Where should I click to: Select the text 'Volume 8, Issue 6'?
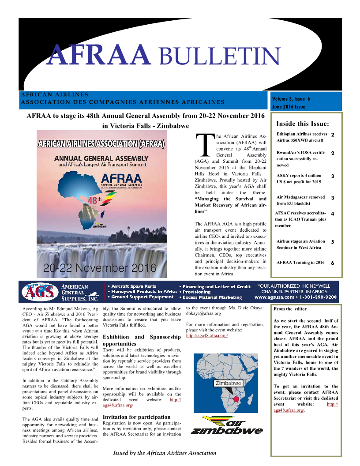[291, 99]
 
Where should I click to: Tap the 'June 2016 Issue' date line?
[289, 107]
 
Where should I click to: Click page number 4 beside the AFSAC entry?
[332, 214]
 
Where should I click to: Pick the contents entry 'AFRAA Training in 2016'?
[300, 262]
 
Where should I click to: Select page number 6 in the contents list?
[332, 263]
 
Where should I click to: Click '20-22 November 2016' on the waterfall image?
[100, 267]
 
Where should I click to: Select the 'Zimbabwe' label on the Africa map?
[228, 383]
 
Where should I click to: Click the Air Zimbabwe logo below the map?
[226, 425]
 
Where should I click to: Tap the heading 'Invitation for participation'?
[136, 417]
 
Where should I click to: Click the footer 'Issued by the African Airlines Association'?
[165, 453]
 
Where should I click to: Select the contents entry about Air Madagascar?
[300, 200]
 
